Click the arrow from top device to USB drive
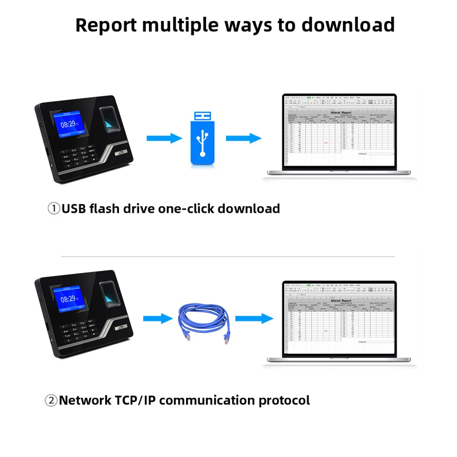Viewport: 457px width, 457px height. (x=164, y=139)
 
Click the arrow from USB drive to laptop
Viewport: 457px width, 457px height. (x=243, y=139)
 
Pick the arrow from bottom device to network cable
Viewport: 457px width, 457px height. (x=158, y=318)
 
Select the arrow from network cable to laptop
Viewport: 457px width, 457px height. (x=254, y=318)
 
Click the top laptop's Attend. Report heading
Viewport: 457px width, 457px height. (x=340, y=113)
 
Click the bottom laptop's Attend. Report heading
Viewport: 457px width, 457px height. (x=340, y=300)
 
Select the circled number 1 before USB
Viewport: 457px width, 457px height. (x=54, y=209)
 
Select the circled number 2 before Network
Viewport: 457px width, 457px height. (x=51, y=400)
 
